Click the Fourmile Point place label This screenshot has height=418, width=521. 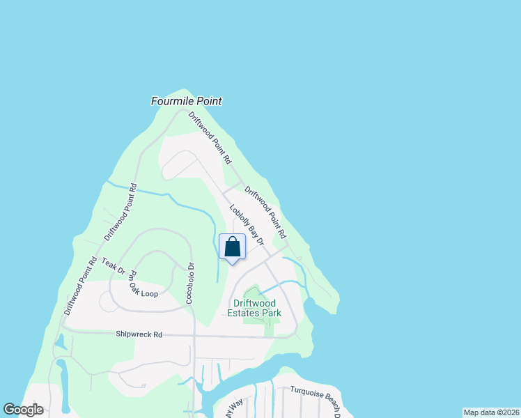187,101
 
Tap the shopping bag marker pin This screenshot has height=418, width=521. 232,248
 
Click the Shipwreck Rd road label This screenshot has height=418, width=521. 139,335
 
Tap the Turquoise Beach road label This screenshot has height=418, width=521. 315,399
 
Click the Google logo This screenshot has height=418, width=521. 24,410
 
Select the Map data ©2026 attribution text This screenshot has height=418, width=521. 491,412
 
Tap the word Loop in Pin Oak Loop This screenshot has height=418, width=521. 148,293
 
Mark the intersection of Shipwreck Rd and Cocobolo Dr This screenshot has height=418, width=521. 194,336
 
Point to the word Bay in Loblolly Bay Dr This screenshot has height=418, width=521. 249,226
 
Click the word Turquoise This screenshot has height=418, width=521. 304,395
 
